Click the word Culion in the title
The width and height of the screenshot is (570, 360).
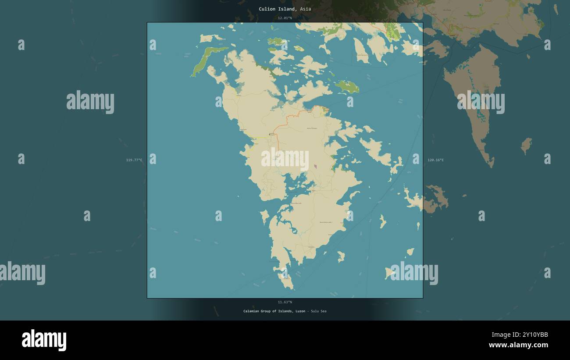[267, 9]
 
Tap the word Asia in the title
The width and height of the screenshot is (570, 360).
[306, 9]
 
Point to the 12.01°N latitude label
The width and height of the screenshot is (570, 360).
[285, 18]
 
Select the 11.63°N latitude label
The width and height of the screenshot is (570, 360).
[285, 302]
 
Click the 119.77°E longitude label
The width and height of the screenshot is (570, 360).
[134, 160]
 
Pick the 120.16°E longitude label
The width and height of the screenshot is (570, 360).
[435, 160]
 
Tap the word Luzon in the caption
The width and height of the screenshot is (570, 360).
[299, 311]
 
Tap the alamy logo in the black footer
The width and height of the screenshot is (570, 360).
[44, 340]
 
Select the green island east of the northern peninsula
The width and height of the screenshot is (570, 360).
[347, 87]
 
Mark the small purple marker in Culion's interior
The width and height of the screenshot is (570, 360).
[315, 167]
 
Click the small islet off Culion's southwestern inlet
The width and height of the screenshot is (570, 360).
[264, 216]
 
